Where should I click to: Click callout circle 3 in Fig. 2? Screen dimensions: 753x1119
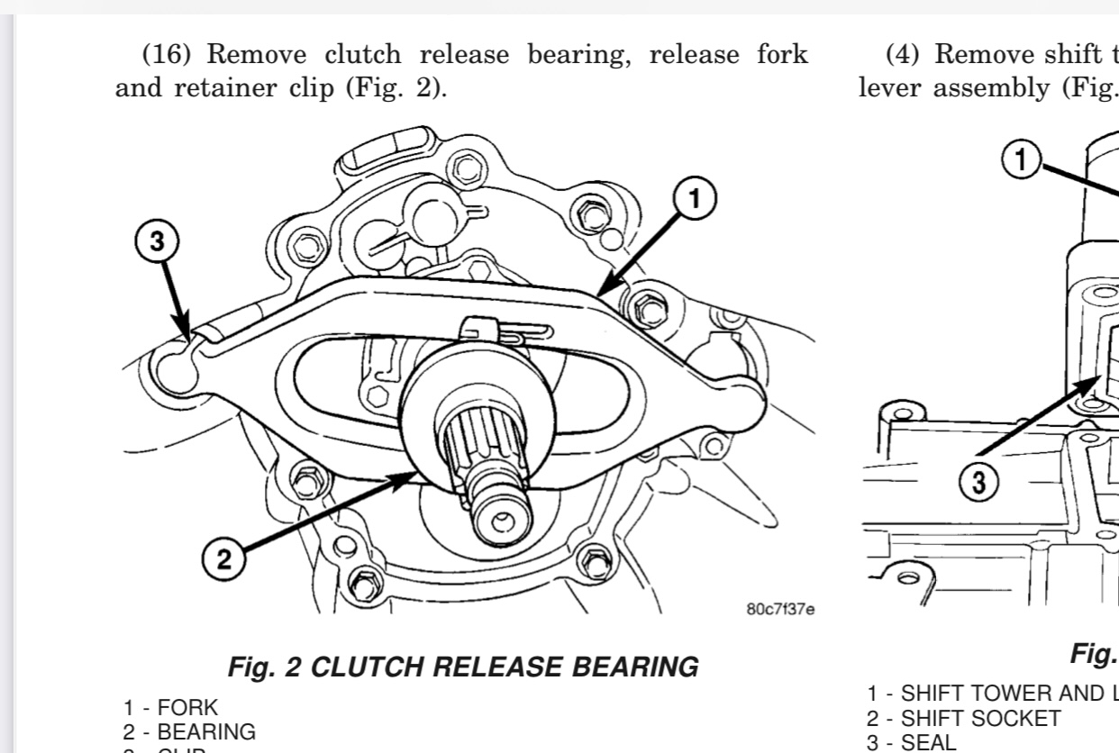click(158, 240)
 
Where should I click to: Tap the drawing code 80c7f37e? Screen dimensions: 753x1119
click(780, 610)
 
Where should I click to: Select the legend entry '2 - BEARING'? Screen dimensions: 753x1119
click(189, 731)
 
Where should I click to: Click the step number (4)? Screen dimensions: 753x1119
click(904, 55)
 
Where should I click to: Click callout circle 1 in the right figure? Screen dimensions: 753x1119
click(1021, 161)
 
